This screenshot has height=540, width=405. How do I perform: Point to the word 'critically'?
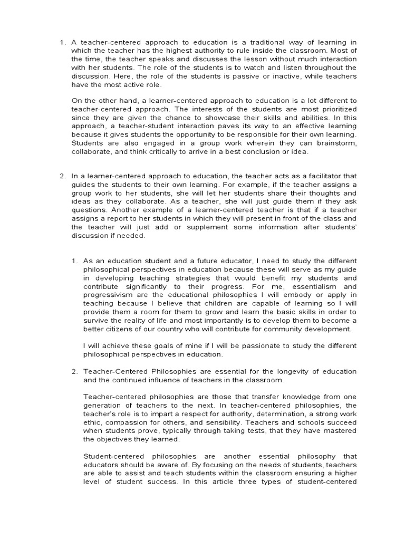click(x=161, y=151)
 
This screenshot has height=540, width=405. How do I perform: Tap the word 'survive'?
click(x=97, y=321)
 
